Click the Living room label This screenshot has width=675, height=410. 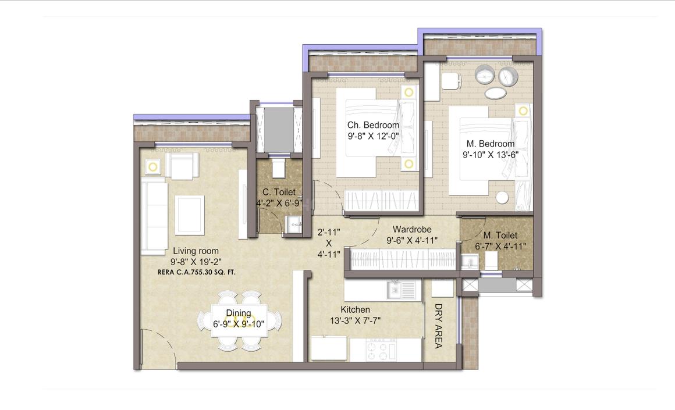click(196, 251)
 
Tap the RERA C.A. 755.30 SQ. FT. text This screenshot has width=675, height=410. click(196, 272)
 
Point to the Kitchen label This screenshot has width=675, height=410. click(355, 310)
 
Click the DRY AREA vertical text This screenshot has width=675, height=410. click(438, 326)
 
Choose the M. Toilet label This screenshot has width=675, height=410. click(500, 236)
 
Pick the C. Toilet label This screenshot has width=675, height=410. click(279, 192)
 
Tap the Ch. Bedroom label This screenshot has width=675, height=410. click(373, 125)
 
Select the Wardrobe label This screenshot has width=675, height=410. click(411, 230)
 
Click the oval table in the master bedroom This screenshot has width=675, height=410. click(495, 93)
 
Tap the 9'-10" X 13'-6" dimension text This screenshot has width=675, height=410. click(490, 155)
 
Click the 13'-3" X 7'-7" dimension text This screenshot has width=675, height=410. click(355, 320)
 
